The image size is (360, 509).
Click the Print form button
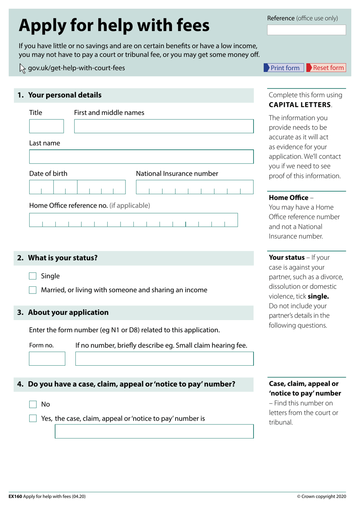(283, 68)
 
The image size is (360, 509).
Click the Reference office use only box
(306, 30)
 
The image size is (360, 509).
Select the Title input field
(46, 126)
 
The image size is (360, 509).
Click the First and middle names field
(164, 126)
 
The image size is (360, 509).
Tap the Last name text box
(141, 157)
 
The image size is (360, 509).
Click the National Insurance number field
(194, 187)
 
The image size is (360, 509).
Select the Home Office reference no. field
(133, 220)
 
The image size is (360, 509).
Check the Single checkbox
(33, 276)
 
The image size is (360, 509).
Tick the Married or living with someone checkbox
(33, 290)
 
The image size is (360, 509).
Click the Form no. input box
(47, 359)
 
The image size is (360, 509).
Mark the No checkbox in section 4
(33, 404)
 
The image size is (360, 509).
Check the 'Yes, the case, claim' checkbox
(33, 418)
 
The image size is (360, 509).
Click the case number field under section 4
(154, 432)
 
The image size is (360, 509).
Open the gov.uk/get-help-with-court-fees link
(77, 68)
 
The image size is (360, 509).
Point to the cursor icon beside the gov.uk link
(22, 68)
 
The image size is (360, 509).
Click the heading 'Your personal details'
(65, 95)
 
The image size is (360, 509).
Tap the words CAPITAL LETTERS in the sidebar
(300, 105)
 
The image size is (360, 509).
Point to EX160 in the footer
(15, 496)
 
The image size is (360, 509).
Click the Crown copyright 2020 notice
(321, 496)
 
